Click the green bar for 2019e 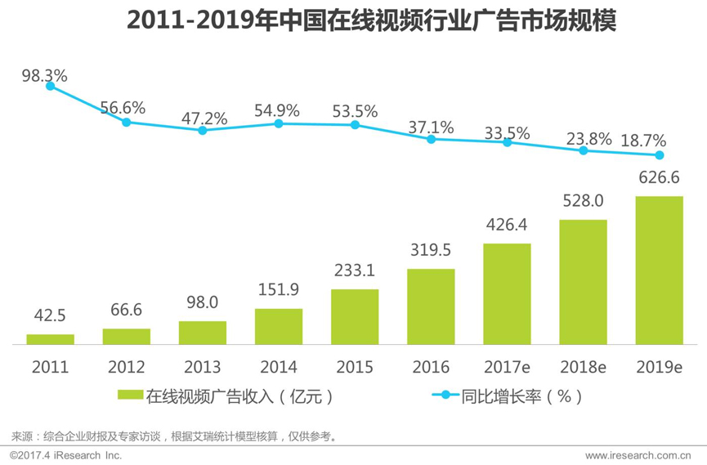point(659,270)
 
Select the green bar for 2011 point(50,338)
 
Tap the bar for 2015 point(355,316)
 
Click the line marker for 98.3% point(50,85)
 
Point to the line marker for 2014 point(279,123)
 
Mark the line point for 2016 point(431,139)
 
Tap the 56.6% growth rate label point(123,107)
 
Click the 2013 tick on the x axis point(203,368)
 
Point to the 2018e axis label point(583,368)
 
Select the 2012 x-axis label point(126,368)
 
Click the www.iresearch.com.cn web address point(638,455)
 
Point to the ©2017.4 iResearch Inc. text point(65,455)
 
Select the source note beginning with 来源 point(175,436)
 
